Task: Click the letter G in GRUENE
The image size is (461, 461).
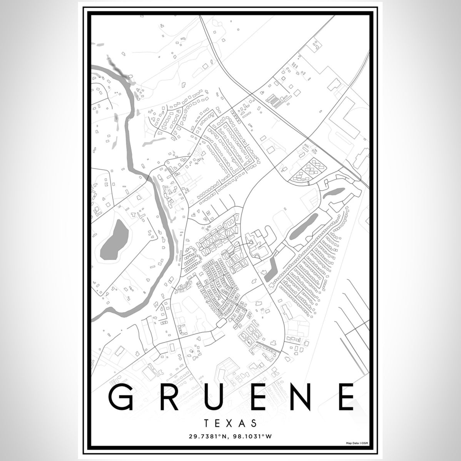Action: click(122, 397)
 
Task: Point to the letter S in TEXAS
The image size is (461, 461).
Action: click(253, 423)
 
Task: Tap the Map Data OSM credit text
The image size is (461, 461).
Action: click(356, 444)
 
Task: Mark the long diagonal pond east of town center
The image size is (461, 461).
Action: click(304, 227)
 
